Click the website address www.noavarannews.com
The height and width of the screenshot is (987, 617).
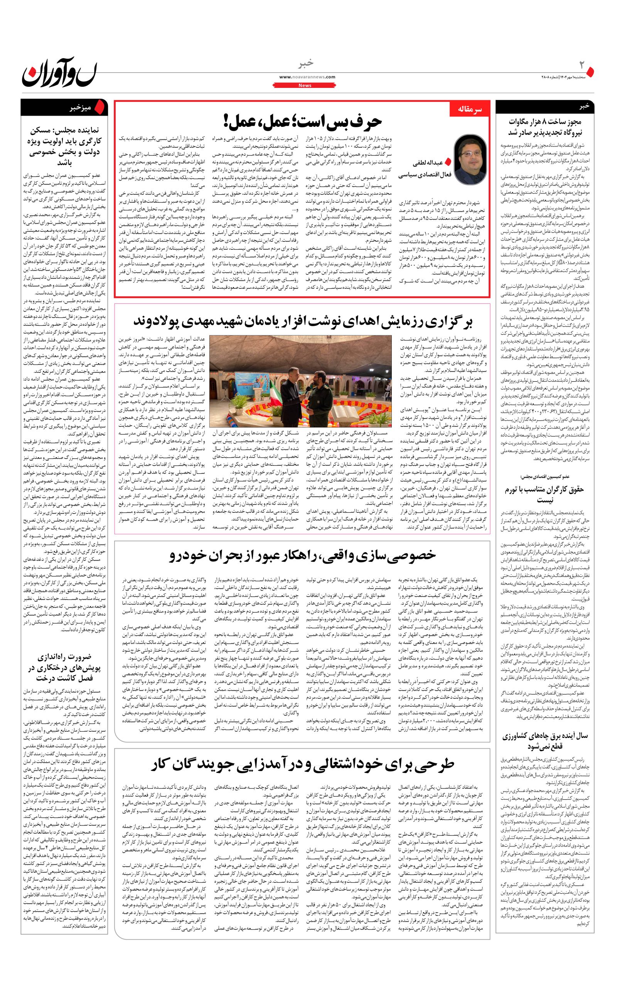(x=307, y=77)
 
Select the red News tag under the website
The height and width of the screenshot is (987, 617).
(x=305, y=85)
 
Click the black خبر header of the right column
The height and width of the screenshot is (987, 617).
(x=584, y=106)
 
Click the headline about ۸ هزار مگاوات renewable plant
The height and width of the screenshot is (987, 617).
(x=545, y=127)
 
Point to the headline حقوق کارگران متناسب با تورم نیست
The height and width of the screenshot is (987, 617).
(x=545, y=494)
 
